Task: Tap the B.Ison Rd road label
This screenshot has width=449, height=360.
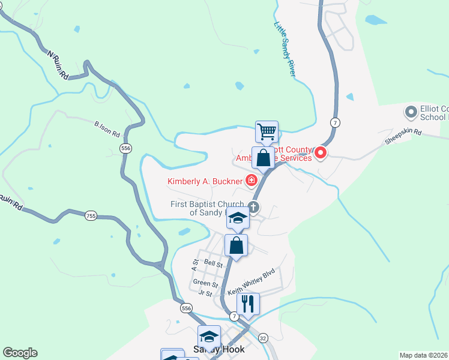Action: coord(107,127)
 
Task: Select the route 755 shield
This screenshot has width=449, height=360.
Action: coord(90,216)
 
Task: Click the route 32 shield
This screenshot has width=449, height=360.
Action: coord(262,338)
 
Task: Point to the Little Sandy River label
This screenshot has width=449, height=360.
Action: coord(285,50)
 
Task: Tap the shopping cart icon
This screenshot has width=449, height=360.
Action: coord(266,131)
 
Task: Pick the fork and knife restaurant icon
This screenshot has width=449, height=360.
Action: coord(248,304)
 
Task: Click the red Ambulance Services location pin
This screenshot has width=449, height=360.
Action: coord(321,153)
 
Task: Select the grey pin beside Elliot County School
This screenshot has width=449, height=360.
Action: coord(411,112)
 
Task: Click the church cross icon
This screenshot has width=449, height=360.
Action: coord(253,208)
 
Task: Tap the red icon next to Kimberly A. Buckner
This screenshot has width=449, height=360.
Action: coord(251,180)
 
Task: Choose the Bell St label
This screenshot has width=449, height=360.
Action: coord(213,263)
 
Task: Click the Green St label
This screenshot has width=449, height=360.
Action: coord(205,283)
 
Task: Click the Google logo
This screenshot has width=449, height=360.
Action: coord(20,353)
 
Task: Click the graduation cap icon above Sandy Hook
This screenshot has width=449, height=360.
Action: coord(209,336)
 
